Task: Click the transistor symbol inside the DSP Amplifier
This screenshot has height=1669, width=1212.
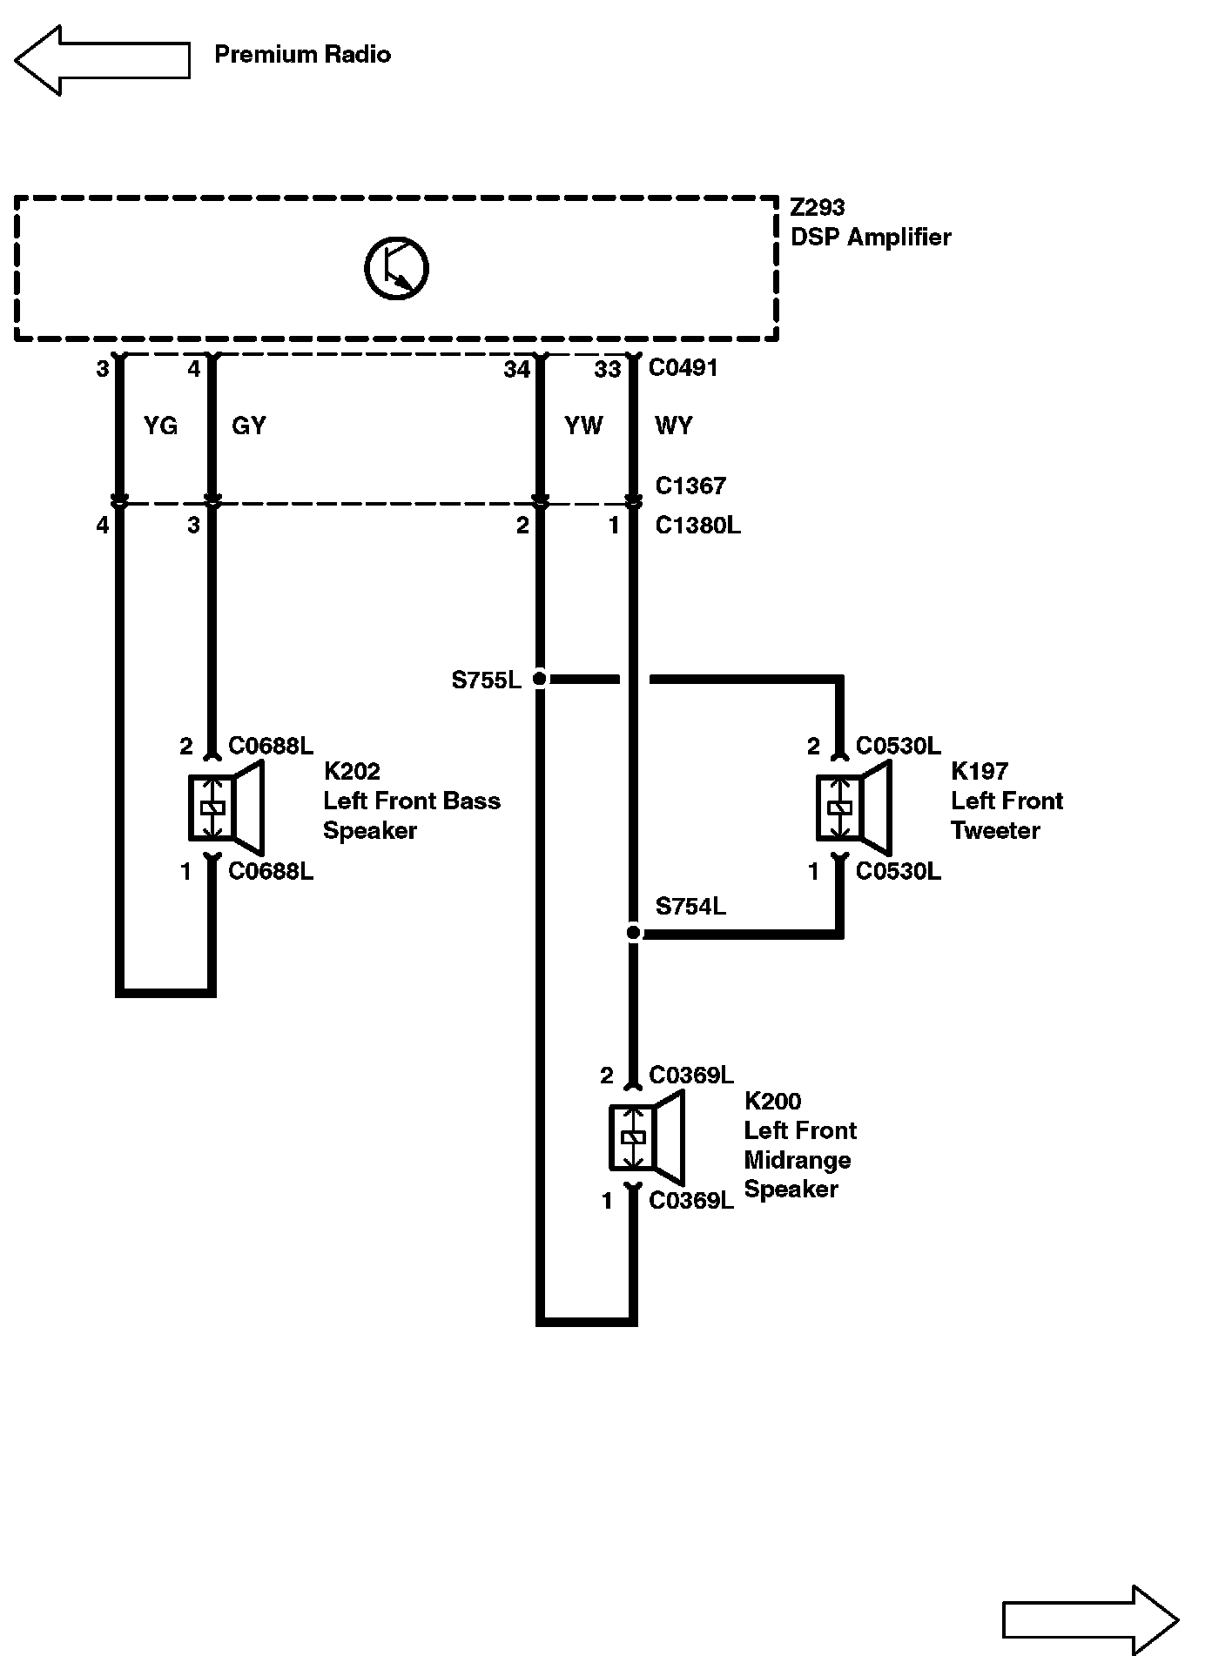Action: (396, 267)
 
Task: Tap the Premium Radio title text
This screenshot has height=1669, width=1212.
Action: (302, 55)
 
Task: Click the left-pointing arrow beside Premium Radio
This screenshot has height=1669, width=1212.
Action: (102, 60)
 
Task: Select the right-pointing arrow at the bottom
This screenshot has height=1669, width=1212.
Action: (1090, 1619)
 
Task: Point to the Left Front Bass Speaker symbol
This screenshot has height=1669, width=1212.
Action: (226, 808)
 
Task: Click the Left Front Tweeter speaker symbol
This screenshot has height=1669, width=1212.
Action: (853, 808)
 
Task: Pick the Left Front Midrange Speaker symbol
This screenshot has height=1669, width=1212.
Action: (646, 1137)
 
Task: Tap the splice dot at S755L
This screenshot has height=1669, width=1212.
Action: (540, 679)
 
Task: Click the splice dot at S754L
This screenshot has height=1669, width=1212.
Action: (634, 933)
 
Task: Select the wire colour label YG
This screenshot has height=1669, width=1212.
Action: (160, 426)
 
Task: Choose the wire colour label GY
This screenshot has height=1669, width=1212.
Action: (249, 426)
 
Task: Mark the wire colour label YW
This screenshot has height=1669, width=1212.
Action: (583, 426)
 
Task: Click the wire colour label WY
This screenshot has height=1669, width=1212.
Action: (673, 426)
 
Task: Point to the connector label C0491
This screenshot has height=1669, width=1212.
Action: (683, 368)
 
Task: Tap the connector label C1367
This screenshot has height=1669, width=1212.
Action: (690, 486)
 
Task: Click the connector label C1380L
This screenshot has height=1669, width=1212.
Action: (697, 526)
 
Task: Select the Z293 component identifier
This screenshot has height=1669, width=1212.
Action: (818, 208)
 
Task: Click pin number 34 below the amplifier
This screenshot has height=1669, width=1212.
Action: (516, 370)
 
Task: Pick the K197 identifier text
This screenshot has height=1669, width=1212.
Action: (980, 771)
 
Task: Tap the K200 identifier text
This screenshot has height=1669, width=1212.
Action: (772, 1101)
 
